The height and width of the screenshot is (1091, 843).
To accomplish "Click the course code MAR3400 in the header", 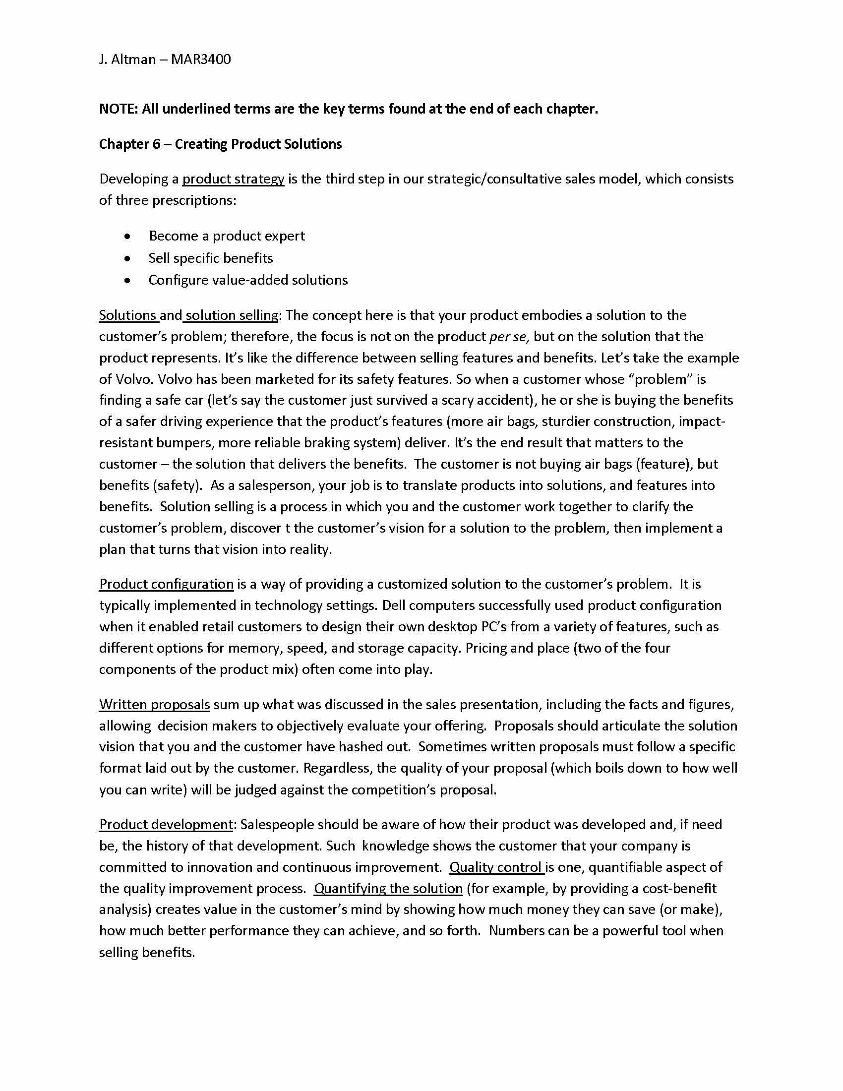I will (201, 60).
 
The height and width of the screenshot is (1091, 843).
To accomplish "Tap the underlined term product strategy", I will (233, 179).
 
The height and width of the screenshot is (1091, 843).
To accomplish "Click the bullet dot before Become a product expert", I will (128, 236).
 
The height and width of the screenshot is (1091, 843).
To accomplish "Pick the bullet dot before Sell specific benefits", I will (128, 258).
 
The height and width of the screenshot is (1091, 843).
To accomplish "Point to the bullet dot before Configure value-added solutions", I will (128, 280).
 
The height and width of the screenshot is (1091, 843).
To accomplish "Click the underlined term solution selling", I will (232, 315).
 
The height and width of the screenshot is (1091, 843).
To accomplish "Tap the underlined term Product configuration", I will (166, 584).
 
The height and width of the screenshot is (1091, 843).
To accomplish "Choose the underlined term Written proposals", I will (154, 704).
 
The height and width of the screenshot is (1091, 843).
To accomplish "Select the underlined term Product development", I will (166, 824).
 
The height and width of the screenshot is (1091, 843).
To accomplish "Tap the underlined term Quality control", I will (496, 867).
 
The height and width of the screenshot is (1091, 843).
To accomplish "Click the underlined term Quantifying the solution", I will (388, 889).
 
